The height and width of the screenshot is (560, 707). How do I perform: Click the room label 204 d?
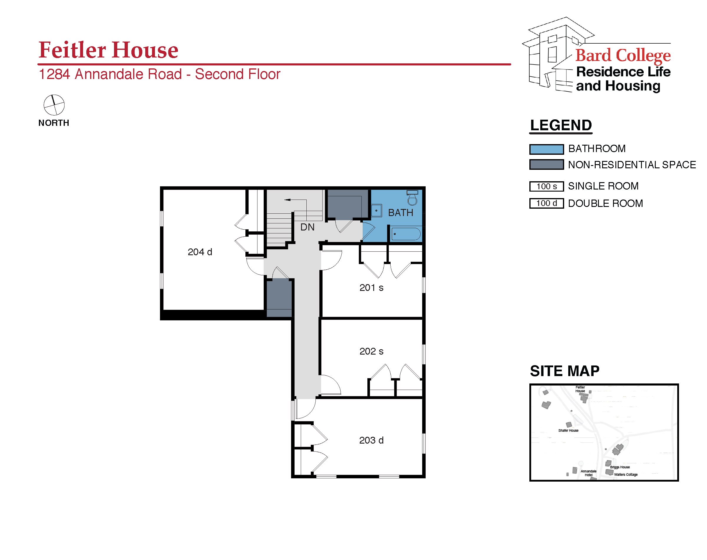coord(199,252)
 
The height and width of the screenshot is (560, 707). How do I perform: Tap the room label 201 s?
coord(371,288)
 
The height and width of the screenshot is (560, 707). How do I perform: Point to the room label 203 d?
coord(371,440)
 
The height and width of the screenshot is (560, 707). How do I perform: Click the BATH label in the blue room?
coord(400,213)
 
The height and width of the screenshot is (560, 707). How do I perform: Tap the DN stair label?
coord(307,227)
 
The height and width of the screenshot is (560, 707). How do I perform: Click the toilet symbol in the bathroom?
coord(412,197)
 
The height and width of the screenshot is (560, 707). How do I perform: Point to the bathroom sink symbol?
coord(376,210)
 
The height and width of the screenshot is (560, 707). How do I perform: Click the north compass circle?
coord(54,105)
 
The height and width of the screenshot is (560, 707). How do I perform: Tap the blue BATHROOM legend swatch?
coord(546,149)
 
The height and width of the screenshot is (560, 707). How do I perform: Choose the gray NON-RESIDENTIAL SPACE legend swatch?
coord(546,164)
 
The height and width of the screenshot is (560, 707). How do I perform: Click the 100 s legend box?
coord(546,186)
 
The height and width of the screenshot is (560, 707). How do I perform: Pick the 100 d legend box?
coord(546,203)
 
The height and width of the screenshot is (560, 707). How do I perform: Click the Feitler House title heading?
coord(108,50)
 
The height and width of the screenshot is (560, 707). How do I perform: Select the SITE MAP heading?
coord(564,371)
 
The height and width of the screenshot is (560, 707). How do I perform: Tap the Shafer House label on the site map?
coord(568,431)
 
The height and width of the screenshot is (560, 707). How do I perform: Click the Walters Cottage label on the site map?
coord(625,475)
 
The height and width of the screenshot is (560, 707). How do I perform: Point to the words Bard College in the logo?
coord(623,55)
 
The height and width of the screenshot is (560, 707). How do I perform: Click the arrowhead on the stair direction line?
coord(287,200)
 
